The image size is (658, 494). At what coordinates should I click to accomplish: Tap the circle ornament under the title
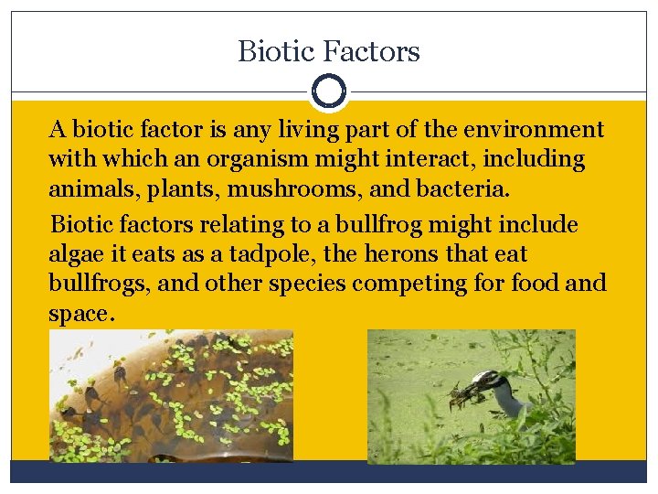click(328, 91)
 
